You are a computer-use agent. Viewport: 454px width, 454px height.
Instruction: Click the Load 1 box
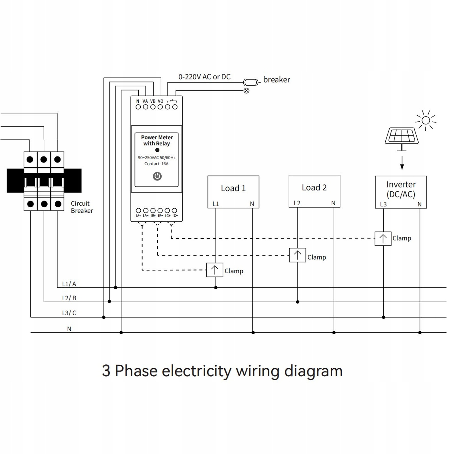[233, 192]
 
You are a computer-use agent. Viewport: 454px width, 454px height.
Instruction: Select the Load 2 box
[314, 191]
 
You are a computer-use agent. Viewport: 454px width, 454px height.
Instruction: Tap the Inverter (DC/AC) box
[401, 192]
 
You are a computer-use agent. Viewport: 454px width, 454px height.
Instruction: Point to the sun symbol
[426, 121]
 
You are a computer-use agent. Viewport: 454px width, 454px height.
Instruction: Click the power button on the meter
[157, 176]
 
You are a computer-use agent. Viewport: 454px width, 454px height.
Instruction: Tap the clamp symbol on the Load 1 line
[215, 270]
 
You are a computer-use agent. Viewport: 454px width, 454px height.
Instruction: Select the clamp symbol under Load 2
[297, 255]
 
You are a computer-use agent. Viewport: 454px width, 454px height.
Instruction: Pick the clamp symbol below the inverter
[383, 238]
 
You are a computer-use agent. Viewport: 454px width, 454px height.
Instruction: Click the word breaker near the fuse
[276, 80]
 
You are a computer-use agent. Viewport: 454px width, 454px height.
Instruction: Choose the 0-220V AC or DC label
[204, 77]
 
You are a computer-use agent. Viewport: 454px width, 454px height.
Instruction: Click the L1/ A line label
[69, 284]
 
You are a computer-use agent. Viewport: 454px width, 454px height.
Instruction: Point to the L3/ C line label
[69, 313]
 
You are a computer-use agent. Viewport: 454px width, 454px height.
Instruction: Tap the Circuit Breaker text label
[82, 207]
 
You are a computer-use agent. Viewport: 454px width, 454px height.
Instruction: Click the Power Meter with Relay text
[157, 140]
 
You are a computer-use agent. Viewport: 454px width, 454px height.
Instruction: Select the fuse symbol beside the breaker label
[251, 82]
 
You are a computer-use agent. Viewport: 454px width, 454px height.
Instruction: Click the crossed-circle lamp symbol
[247, 91]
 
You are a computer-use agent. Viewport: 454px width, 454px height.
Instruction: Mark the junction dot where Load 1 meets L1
[216, 288]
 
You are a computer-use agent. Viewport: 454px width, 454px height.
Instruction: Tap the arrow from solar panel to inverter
[402, 163]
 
